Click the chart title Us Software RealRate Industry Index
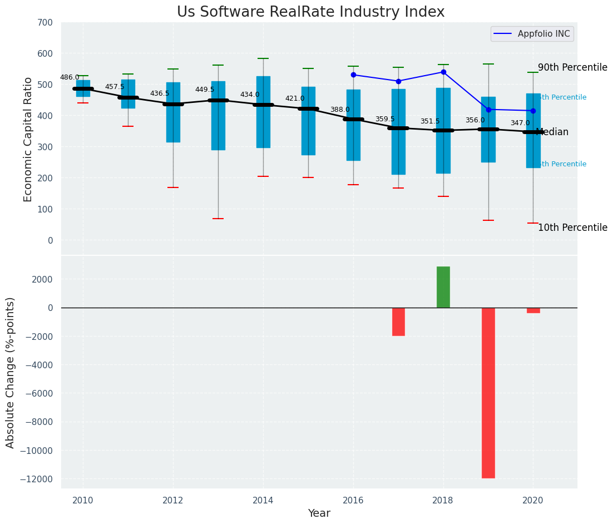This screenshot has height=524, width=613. [310, 12]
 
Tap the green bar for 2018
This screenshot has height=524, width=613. [443, 287]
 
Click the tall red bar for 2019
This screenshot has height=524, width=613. [488, 392]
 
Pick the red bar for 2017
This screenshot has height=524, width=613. [398, 322]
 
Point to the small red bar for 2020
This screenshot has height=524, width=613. [533, 310]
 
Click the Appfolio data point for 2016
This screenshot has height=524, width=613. [353, 75]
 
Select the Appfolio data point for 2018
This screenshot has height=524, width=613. [443, 72]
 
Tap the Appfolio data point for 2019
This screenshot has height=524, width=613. [488, 110]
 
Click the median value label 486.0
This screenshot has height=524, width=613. [70, 78]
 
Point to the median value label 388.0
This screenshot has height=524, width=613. [340, 110]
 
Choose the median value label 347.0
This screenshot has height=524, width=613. [520, 123]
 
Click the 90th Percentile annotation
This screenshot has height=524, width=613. [572, 67]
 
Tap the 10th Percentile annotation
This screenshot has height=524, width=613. [572, 228]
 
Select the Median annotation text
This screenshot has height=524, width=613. [552, 132]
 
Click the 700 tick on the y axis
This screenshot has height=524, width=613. [45, 23]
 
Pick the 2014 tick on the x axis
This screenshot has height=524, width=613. [263, 501]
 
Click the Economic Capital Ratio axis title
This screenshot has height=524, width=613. [28, 139]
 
